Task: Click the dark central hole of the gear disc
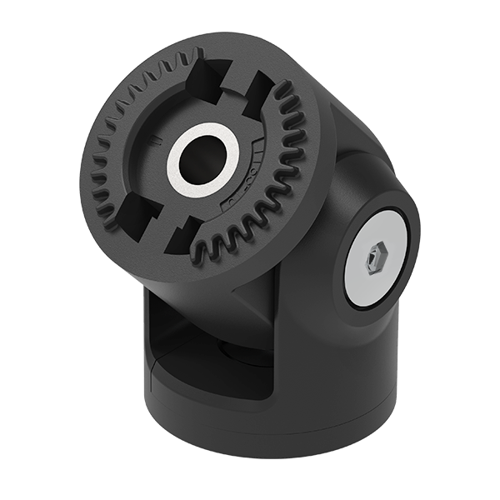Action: pyautogui.click(x=201, y=157)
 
